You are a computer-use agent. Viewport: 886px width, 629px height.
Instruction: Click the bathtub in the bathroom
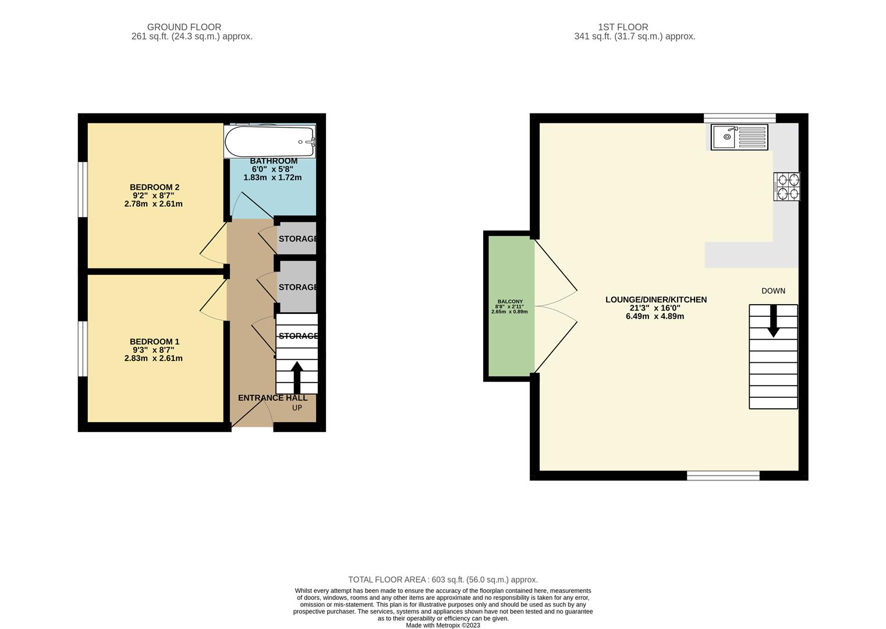(x=270, y=142)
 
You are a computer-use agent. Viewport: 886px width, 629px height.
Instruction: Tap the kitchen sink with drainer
(x=739, y=137)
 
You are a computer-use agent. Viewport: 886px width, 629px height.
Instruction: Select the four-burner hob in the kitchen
(x=786, y=186)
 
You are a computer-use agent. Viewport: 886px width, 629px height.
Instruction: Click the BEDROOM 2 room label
(x=155, y=187)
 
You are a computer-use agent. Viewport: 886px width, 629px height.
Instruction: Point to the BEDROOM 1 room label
(x=155, y=342)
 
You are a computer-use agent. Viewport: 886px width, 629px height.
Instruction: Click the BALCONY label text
(x=510, y=302)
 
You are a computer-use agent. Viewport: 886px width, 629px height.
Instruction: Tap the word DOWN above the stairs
(x=773, y=291)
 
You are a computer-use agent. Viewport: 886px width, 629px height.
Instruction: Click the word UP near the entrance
(x=297, y=408)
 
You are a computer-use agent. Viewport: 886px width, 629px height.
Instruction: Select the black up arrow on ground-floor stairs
(x=297, y=377)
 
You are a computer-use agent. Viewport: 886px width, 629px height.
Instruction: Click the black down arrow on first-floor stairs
(x=773, y=321)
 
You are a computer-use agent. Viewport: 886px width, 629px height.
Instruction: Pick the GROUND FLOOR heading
(x=184, y=27)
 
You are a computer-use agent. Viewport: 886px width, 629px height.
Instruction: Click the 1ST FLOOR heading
(x=623, y=27)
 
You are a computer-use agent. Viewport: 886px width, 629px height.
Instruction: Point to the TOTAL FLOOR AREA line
(x=443, y=580)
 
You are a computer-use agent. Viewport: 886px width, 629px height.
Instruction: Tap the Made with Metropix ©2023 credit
(x=443, y=626)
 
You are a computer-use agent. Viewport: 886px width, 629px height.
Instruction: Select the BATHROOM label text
(x=274, y=161)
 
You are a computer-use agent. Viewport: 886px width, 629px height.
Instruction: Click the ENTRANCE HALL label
(x=272, y=398)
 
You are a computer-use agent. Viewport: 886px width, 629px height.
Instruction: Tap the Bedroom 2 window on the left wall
(x=83, y=189)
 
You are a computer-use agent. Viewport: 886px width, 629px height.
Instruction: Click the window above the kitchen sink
(x=740, y=118)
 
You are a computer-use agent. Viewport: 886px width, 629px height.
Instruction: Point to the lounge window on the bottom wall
(x=723, y=475)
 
